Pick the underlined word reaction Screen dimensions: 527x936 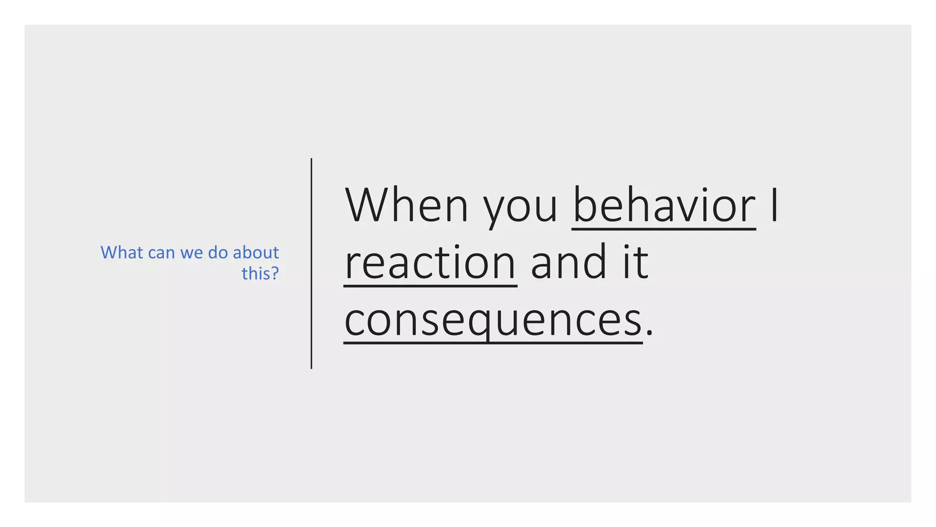pos(430,263)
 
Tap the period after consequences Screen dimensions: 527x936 pos(649,333)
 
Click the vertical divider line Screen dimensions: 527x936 pos(311,263)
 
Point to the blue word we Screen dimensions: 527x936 pos(191,253)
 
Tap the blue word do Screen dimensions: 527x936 pos(218,253)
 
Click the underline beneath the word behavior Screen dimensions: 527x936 pos(664,229)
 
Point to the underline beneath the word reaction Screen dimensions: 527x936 pos(430,286)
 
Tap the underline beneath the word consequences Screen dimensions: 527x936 pos(493,343)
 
